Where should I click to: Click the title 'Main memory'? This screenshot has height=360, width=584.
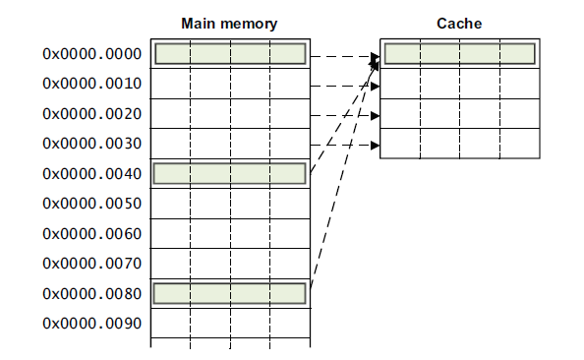coord(229,23)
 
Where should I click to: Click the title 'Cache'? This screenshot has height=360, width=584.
coord(459,23)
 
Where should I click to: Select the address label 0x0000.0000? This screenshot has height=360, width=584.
coord(91,54)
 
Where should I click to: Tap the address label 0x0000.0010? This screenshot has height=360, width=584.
coord(91,84)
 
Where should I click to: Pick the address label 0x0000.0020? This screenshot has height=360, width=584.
coord(91,114)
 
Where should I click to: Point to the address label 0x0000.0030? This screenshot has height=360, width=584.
coord(91,144)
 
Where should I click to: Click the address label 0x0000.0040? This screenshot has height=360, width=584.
coord(91,174)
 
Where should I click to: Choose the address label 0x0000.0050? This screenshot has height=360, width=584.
coord(91,204)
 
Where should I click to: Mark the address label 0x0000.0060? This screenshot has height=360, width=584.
coord(91,234)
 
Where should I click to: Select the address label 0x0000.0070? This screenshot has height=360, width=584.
coord(91,264)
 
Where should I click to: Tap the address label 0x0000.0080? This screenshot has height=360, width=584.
coord(91,294)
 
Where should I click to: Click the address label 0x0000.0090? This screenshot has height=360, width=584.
coord(91,324)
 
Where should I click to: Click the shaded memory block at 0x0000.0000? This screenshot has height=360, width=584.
coord(230,54)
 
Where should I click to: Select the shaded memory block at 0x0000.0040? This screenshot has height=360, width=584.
coord(230,174)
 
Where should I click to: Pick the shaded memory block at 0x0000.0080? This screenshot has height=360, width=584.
coord(230,293)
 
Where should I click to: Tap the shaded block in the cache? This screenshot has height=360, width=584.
coord(459,54)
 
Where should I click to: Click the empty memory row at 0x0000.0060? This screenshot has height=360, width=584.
coord(230,234)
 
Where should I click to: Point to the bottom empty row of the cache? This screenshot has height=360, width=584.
coord(459,144)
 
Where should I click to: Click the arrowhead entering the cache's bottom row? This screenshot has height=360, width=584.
coord(375,147)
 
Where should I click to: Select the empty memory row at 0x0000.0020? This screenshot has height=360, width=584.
coord(230,114)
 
